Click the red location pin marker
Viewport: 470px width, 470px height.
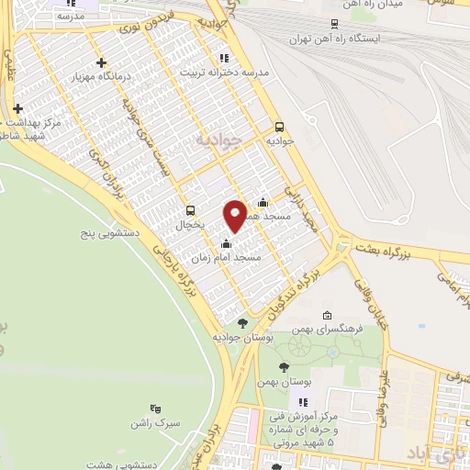[235, 215]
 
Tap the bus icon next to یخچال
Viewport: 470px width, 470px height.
[191, 210]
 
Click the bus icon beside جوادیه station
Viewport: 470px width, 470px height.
[279, 128]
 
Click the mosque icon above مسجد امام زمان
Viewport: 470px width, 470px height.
[226, 243]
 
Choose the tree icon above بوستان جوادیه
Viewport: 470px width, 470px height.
[242, 322]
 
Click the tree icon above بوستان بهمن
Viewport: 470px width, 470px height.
[284, 366]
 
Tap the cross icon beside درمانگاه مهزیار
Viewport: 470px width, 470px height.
[101, 62]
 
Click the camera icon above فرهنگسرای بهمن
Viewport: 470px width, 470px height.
[328, 315]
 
